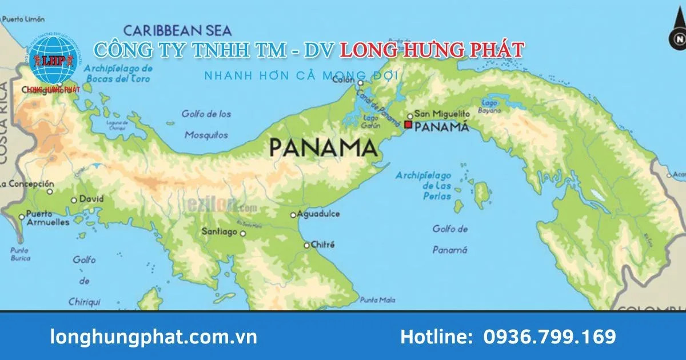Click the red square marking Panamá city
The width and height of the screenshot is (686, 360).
point(408,124)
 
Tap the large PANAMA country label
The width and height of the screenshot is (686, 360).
point(323,148)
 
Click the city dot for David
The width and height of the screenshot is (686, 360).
point(74,200)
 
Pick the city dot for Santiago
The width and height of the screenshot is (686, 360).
point(243,233)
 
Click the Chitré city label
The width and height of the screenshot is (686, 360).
point(322,245)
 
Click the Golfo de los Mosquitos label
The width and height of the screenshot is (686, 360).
point(206,125)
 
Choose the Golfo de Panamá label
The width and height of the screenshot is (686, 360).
point(450,239)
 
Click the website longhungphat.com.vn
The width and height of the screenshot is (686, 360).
point(154,337)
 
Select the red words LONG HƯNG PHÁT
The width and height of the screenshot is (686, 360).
point(432,50)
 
